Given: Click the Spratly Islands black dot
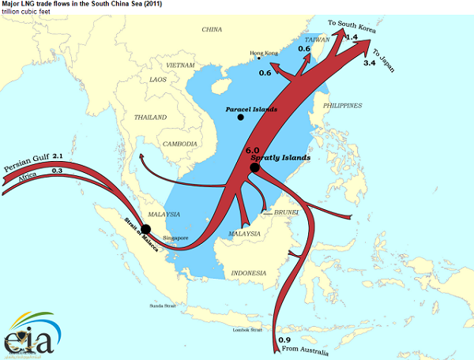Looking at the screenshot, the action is click(254, 167).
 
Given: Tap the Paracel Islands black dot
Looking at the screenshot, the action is click(240, 118).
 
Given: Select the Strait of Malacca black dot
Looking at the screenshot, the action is click(145, 229).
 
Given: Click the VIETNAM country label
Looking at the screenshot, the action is click(180, 64).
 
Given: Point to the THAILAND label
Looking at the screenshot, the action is click(150, 117).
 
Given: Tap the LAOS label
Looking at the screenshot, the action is click(160, 80).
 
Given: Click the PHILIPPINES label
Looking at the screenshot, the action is click(342, 105).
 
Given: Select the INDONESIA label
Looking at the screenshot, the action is click(250, 273).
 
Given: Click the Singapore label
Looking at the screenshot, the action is click(175, 238).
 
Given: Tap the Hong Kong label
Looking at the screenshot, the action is click(265, 54).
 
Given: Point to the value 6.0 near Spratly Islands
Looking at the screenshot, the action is click(253, 150).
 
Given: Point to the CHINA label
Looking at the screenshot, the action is click(212, 29).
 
